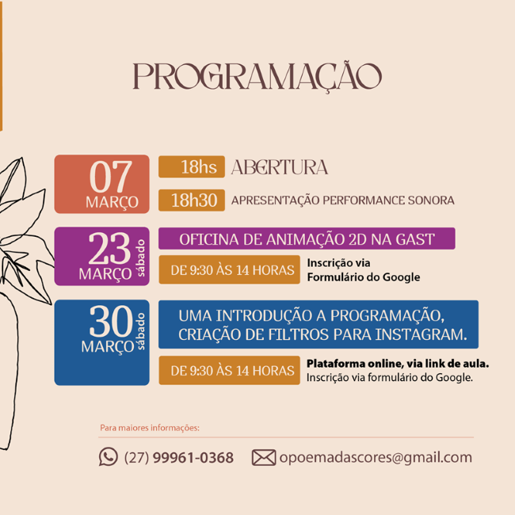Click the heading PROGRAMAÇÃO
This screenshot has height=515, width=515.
257,77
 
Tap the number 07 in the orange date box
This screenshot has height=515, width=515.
111,177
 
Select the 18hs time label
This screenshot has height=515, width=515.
198,167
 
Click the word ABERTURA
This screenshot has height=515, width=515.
280,167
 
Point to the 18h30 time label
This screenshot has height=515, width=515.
194,200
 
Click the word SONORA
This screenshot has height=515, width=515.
431,200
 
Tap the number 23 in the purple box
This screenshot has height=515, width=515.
109,248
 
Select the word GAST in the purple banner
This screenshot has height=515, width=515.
415,239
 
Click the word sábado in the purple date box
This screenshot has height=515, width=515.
140,257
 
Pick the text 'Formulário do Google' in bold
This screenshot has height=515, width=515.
364,277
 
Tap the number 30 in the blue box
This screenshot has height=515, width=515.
111,321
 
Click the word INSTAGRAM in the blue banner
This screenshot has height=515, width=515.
421,334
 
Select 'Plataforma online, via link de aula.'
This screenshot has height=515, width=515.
398,364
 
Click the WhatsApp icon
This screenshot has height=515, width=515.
109,456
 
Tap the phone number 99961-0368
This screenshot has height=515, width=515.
193,457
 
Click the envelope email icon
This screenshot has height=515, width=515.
264,457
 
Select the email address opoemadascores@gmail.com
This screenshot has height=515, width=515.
376,458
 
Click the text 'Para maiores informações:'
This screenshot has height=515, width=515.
150,428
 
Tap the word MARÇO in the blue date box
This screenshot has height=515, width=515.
108,347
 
